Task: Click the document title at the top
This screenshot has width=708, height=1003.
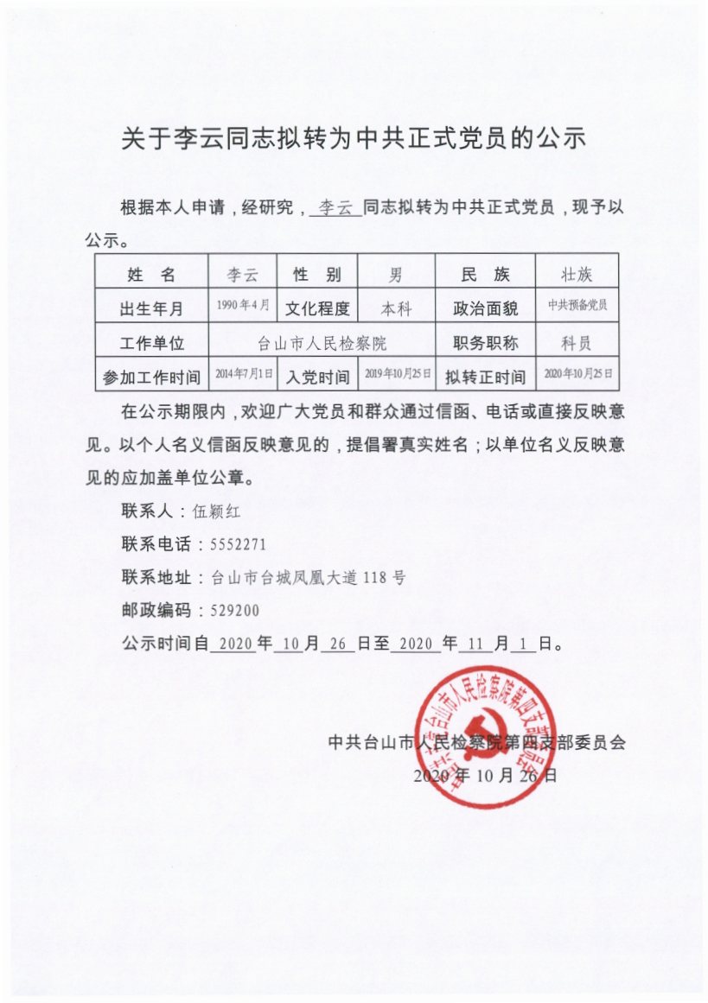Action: pos(354,138)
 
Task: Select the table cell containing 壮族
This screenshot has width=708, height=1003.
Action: pos(576,275)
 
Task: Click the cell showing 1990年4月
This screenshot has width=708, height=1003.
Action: pos(243,307)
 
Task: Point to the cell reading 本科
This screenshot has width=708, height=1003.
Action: pos(396,308)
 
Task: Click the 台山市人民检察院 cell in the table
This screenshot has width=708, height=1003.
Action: pos(322,343)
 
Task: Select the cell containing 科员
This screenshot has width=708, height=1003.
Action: pos(576,343)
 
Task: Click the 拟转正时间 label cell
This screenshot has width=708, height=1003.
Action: pos(485,377)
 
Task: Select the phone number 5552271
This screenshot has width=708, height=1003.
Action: pos(226,544)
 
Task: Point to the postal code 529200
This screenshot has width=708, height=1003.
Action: pos(229,610)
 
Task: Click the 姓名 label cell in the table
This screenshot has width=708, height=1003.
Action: pos(150,275)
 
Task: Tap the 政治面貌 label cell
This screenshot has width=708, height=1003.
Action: pos(485,308)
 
